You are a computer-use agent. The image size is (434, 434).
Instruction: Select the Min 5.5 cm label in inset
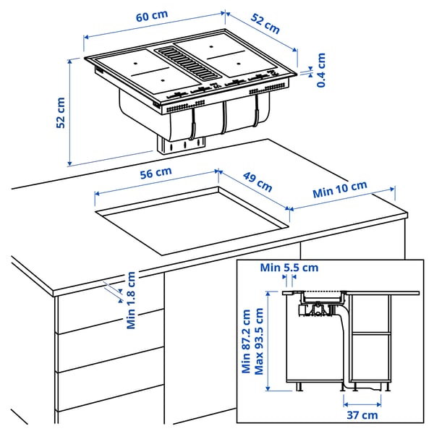[x=290, y=268]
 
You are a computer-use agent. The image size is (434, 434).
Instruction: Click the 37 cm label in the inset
[x=362, y=414]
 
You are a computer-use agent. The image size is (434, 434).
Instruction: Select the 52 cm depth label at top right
[x=265, y=24]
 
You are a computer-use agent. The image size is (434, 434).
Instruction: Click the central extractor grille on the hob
[x=190, y=62]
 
